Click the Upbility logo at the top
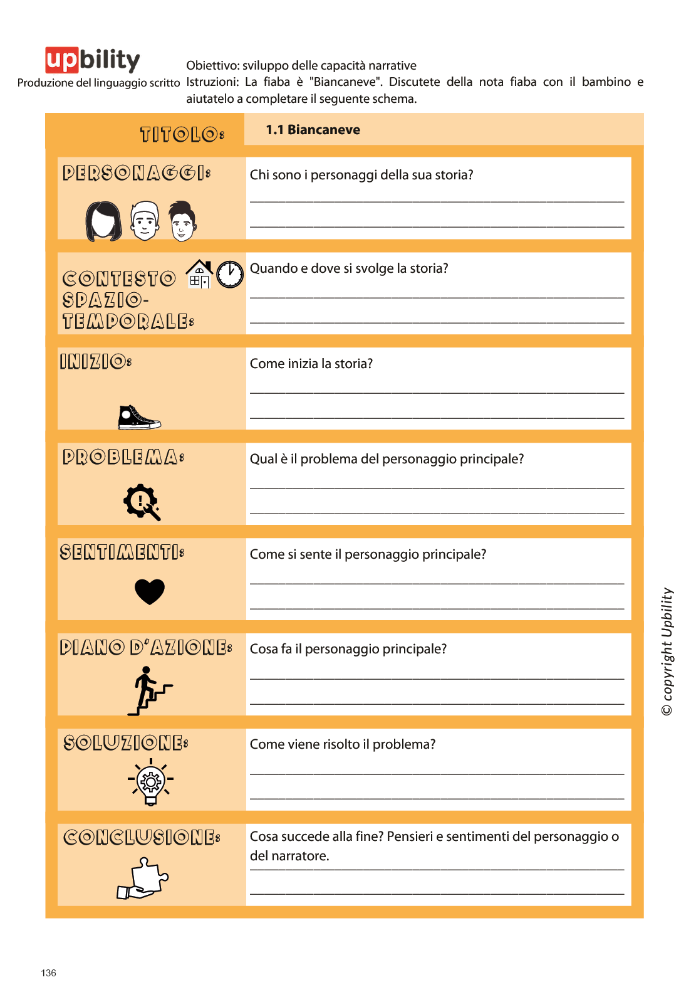pos(93,60)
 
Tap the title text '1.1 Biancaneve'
pos(313,130)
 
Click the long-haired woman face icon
pos(103,221)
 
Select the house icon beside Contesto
pos(199,274)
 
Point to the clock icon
pos(230,274)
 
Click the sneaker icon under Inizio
pos(139,418)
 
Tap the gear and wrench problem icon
pos(142,502)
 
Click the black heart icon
pos(150,591)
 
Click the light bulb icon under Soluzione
pos(151,782)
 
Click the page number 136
pos(48,973)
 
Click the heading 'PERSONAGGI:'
pos(137,172)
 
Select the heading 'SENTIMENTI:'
pos(122,552)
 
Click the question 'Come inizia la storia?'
pos(311,364)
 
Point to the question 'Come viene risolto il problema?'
pos(343,744)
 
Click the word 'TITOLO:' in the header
pos(182,134)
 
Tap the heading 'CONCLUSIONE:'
pos(142,837)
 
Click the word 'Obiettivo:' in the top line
pos(212,66)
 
